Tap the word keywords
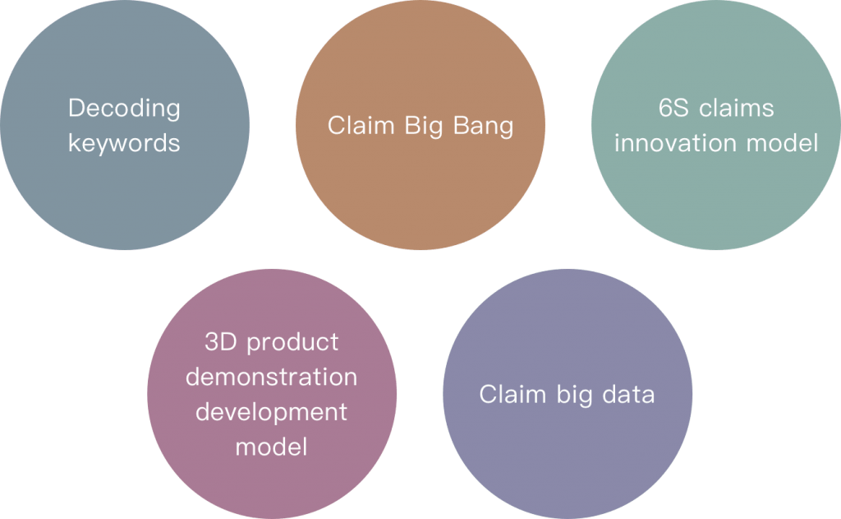124,143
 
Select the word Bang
483,127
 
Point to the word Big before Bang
424,127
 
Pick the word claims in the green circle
737,108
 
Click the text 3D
220,341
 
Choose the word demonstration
271,377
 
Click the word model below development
271,447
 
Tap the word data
628,394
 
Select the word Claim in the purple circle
512,394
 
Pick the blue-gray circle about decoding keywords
125,125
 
